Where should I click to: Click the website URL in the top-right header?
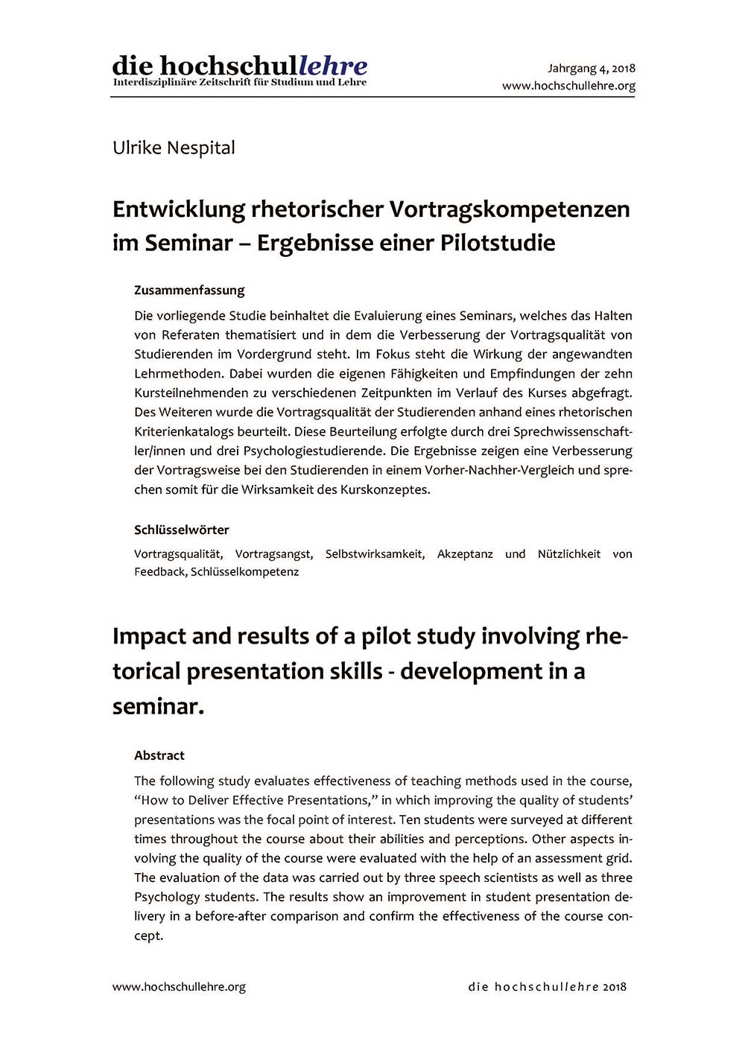(568, 86)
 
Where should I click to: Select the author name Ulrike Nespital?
(174, 147)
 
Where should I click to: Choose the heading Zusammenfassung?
(189, 290)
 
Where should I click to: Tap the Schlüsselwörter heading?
(181, 530)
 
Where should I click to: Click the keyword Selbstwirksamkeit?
(375, 553)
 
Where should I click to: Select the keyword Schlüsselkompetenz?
(244, 571)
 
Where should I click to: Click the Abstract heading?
(159, 755)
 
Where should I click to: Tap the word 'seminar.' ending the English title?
(158, 705)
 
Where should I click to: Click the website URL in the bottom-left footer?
(179, 987)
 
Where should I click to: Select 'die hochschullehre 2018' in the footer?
(548, 987)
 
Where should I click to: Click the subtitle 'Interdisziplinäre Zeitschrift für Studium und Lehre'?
(239, 82)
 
